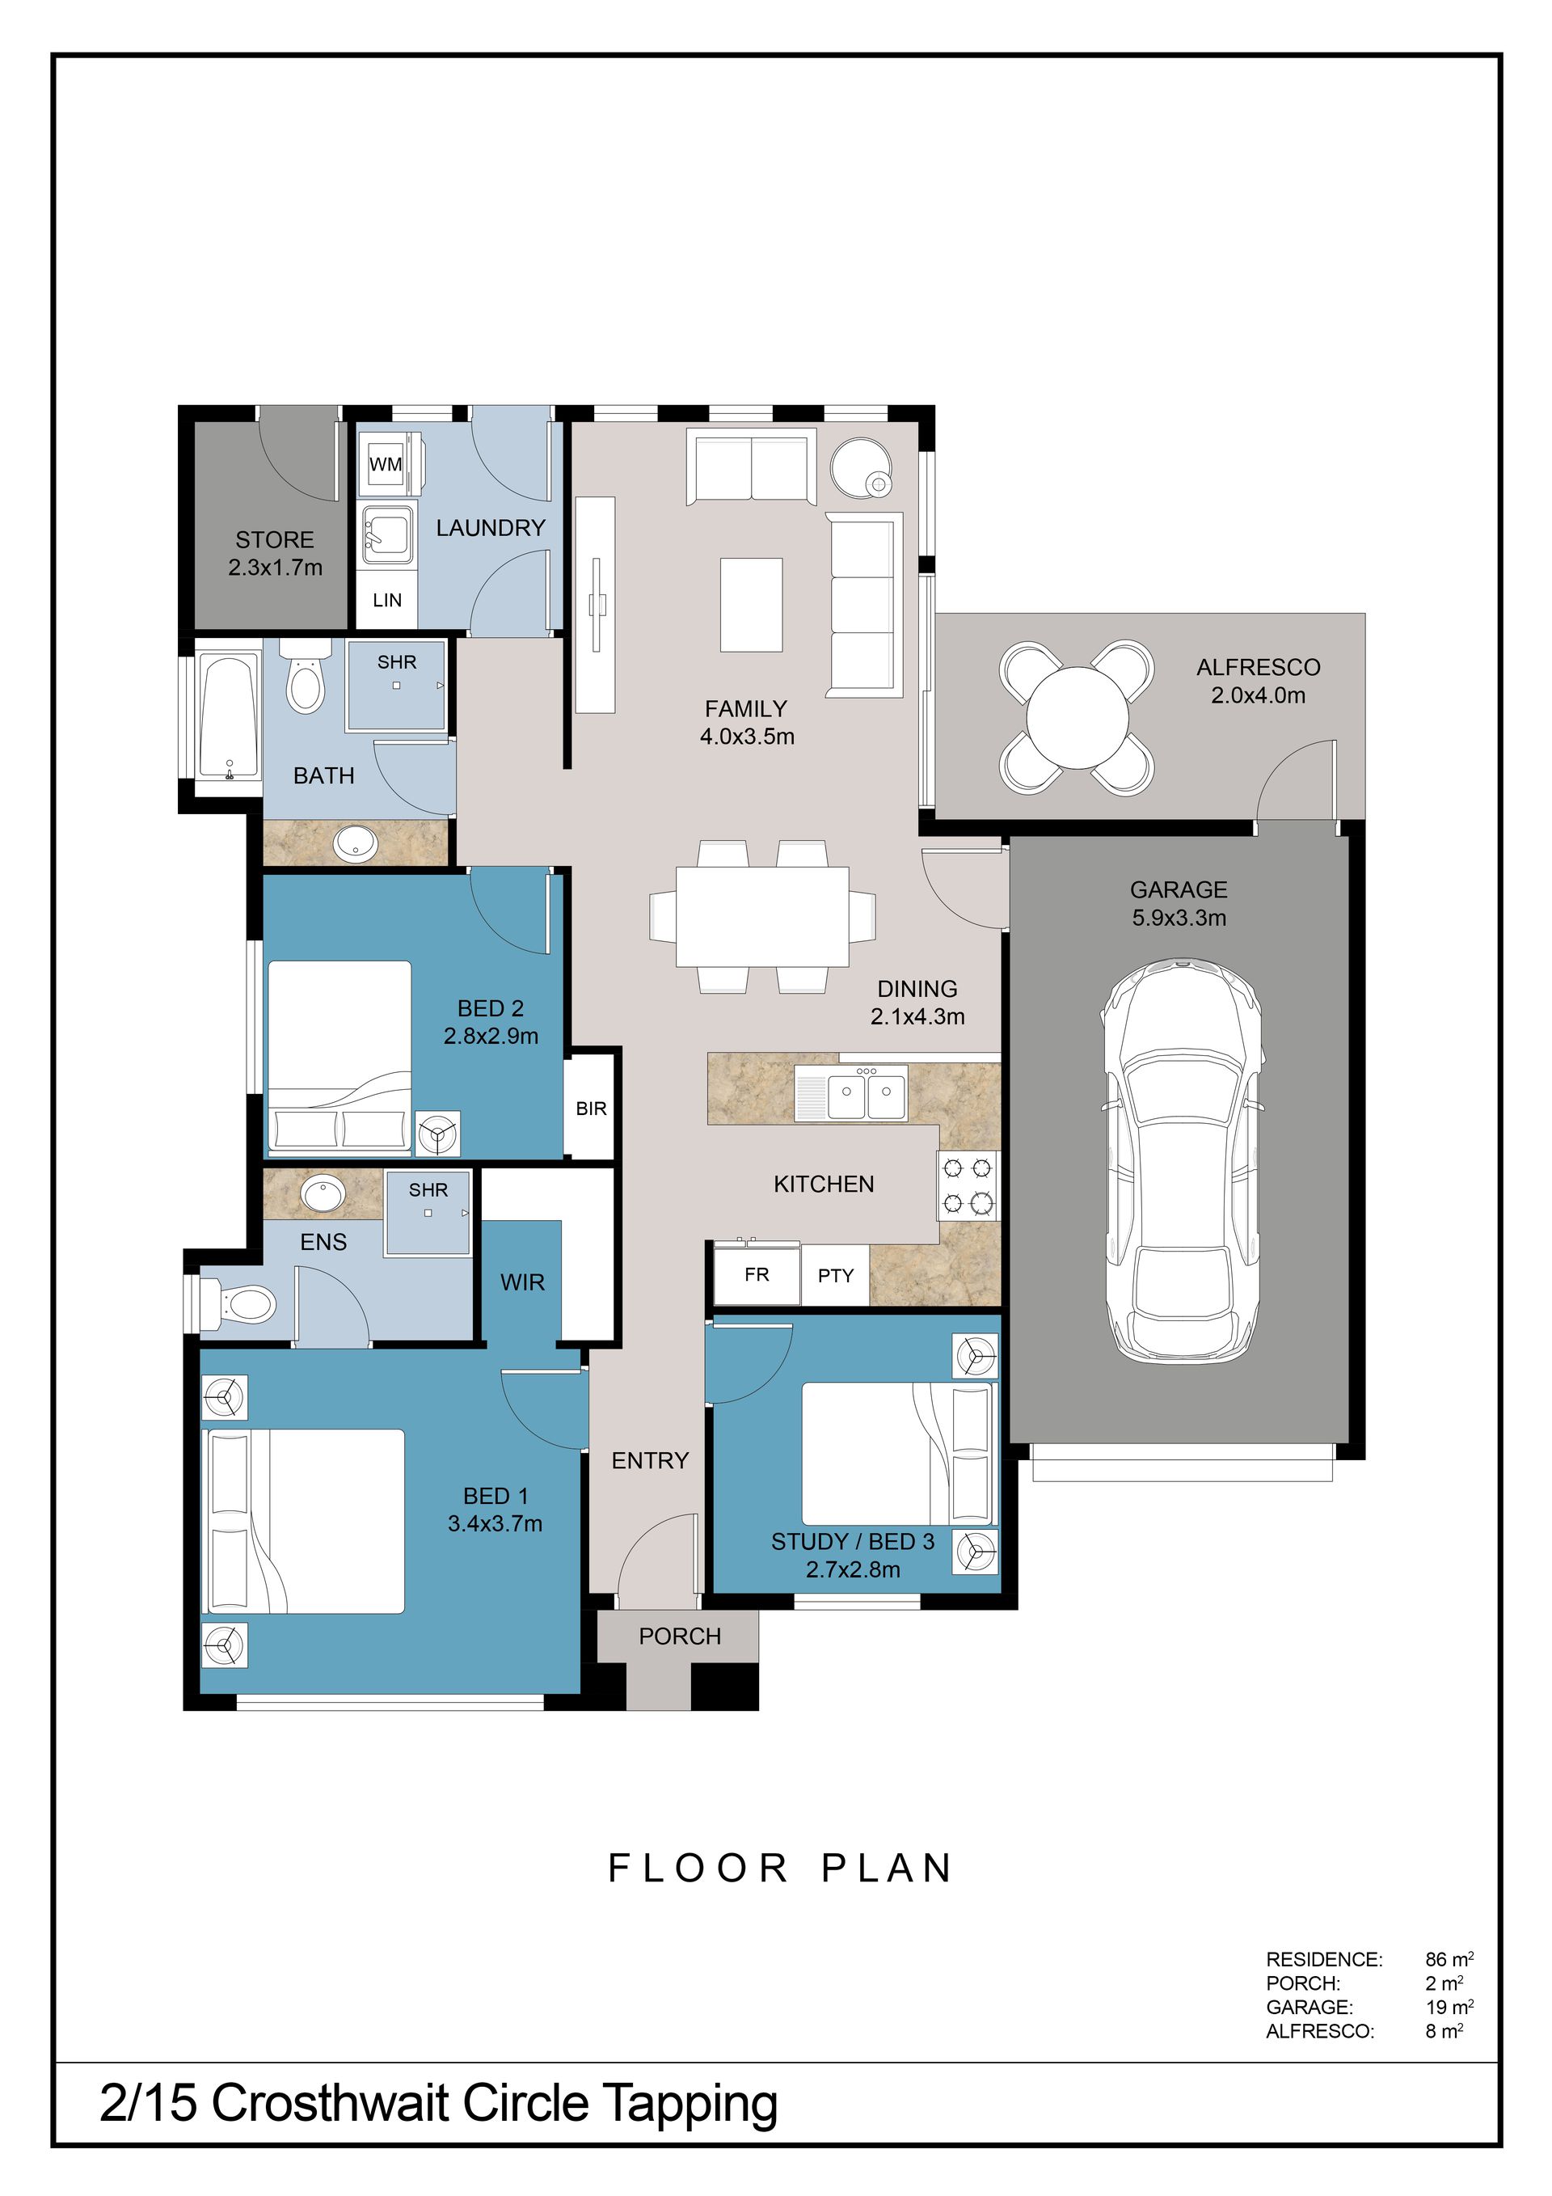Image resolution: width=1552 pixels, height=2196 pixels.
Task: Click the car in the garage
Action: [x=1182, y=1161]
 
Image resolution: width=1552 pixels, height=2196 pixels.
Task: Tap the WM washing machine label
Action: [x=386, y=465]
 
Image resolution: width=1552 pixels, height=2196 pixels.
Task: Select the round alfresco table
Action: [x=1077, y=717]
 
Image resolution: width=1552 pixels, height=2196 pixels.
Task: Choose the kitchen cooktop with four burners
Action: [x=968, y=1185]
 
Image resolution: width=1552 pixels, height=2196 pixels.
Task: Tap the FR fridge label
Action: [x=757, y=1275]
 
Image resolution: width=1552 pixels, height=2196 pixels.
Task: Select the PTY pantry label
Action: [x=836, y=1276]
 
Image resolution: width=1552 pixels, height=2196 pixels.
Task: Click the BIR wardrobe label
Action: [x=591, y=1109]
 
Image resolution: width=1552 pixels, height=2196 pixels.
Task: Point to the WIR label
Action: [x=522, y=1282]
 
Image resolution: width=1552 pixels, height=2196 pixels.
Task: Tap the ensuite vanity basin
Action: [x=323, y=1194]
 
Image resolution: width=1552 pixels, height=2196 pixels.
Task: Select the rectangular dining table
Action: [x=762, y=916]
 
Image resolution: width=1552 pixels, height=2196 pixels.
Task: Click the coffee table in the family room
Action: [x=752, y=606]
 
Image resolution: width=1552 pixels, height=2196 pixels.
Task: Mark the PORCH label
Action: [x=680, y=1636]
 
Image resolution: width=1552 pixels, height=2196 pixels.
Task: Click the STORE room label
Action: [x=275, y=539]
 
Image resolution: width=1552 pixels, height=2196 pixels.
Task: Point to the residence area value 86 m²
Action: [x=1449, y=1960]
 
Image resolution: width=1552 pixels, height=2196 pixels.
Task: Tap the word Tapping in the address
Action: [x=689, y=2106]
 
